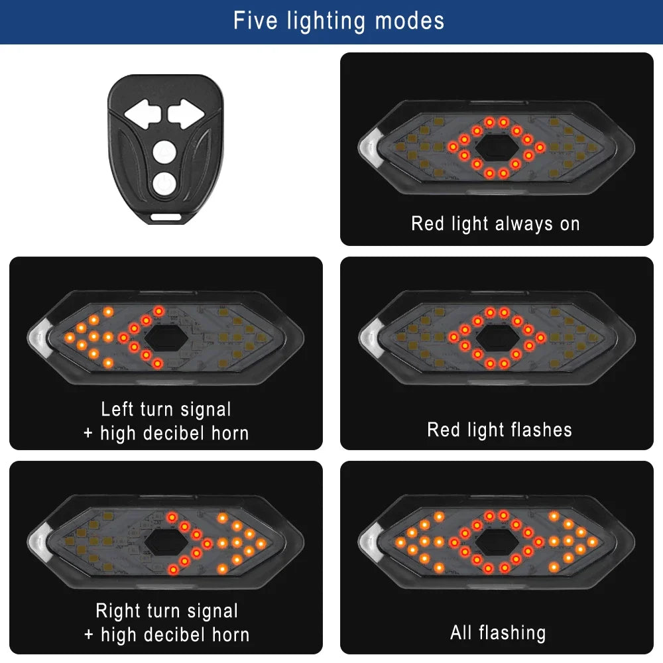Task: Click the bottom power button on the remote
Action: tap(163, 183)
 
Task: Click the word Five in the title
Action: tap(257, 21)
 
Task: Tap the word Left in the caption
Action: tap(118, 409)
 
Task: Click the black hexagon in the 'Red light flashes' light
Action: tap(497, 337)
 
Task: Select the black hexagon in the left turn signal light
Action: tap(165, 337)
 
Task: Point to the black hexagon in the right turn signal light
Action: tap(165, 542)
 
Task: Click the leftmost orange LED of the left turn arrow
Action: tap(69, 338)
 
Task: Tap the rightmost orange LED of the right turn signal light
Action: tap(262, 543)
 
